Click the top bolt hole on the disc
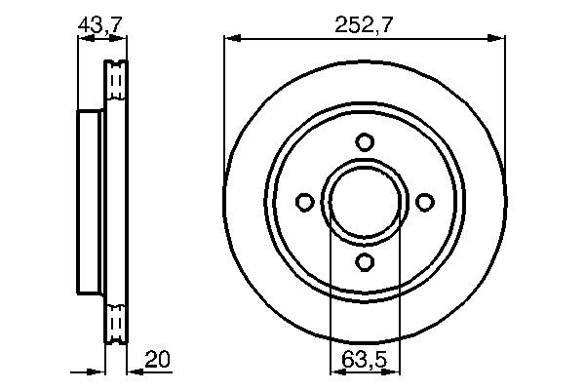(x=365, y=142)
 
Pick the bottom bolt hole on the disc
(x=365, y=261)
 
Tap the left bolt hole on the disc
(x=305, y=202)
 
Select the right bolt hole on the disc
(x=424, y=202)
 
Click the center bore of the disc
(x=365, y=202)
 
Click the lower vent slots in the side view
(x=116, y=322)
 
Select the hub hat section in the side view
(x=89, y=202)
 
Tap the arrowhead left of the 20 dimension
(x=97, y=370)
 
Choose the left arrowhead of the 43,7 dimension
(x=82, y=39)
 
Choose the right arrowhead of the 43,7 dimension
(x=121, y=39)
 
